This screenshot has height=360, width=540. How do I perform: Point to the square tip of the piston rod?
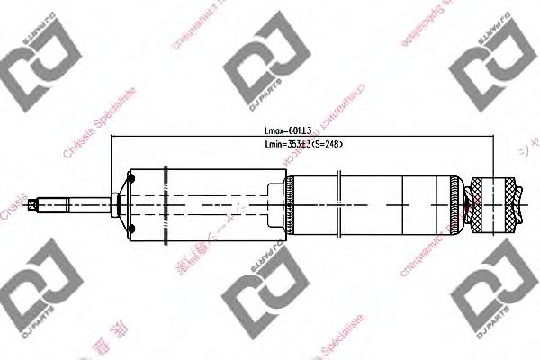click(33, 204)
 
